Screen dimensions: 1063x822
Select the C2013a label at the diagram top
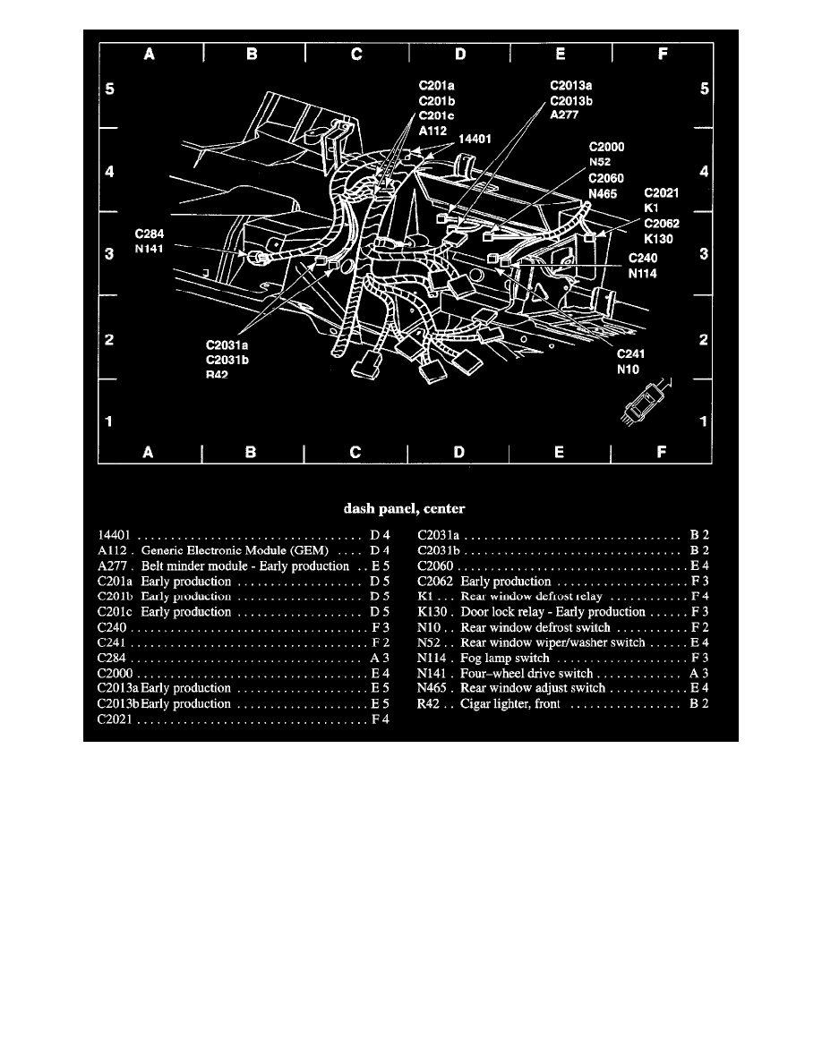(x=570, y=86)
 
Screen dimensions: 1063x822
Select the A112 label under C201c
(x=434, y=129)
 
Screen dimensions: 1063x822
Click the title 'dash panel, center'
(x=405, y=509)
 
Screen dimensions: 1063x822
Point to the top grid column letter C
(x=355, y=55)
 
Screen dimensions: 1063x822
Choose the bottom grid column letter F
(x=663, y=453)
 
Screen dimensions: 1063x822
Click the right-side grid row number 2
(x=704, y=340)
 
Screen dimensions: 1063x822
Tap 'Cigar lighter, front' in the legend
(x=509, y=703)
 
